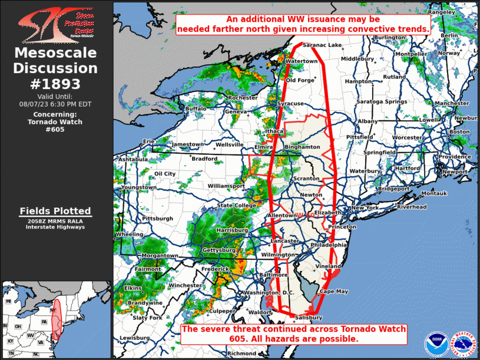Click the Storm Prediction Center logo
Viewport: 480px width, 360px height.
click(x=56, y=23)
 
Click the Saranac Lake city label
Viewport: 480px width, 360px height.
click(x=322, y=45)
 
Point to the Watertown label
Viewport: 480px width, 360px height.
click(x=301, y=61)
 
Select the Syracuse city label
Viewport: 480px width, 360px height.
click(x=290, y=104)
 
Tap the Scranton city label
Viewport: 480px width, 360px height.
click(x=306, y=178)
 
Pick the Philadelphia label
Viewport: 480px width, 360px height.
click(x=329, y=245)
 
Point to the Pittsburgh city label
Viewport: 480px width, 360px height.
click(x=157, y=219)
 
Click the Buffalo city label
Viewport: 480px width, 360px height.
click(x=196, y=109)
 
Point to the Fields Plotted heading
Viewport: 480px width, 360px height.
click(x=55, y=211)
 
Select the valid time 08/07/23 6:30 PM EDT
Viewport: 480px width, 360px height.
click(x=55, y=104)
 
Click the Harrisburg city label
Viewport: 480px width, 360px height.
click(x=231, y=229)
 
